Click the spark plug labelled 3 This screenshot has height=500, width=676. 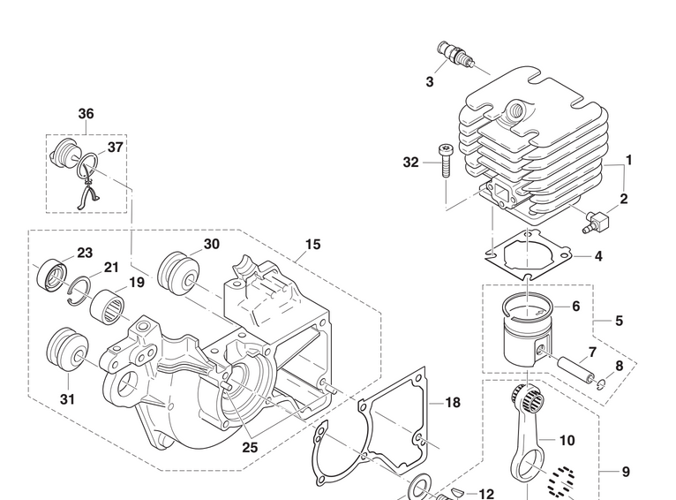point(456,55)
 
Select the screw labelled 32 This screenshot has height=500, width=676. point(446,162)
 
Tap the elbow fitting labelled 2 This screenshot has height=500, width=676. point(596,222)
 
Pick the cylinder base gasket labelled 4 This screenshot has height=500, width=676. point(529,255)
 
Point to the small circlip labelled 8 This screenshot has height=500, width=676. point(601,383)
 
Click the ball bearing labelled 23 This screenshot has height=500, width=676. point(51,275)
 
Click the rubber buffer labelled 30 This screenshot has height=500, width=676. point(179,274)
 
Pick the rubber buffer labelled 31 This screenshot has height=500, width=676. point(68,350)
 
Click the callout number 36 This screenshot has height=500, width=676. point(86,114)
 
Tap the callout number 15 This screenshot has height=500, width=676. point(313,245)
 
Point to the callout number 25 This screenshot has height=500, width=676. point(250,447)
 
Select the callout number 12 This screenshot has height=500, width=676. point(486,494)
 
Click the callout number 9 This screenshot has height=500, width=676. point(626,472)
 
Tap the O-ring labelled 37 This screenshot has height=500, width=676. point(87,166)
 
